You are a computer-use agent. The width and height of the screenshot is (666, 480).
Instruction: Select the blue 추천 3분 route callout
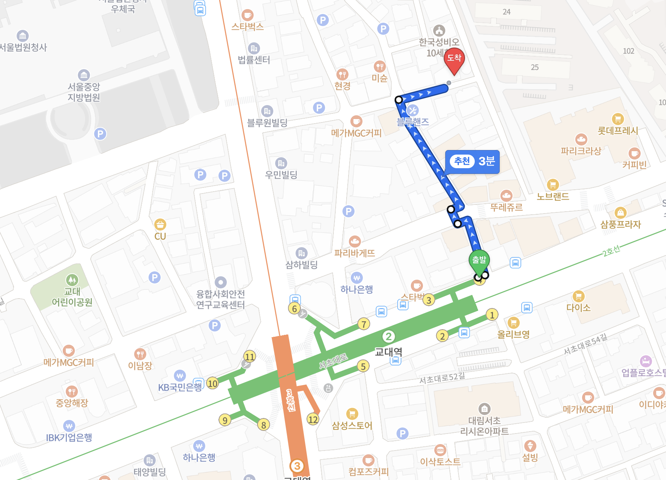click(472, 162)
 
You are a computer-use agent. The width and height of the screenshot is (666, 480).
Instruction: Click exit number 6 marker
click(294, 308)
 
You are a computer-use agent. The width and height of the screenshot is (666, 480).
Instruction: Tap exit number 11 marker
click(249, 356)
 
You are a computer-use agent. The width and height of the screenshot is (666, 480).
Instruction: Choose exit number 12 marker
click(313, 419)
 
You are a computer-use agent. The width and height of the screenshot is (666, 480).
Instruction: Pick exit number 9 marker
click(225, 420)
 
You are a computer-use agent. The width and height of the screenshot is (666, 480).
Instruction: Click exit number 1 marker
click(492, 314)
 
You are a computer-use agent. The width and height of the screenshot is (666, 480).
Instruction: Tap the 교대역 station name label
click(388, 352)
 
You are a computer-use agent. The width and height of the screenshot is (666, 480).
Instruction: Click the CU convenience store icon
click(160, 225)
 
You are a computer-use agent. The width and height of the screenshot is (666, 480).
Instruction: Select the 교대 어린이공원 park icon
click(72, 280)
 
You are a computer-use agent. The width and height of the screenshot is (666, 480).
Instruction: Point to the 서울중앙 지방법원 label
click(84, 92)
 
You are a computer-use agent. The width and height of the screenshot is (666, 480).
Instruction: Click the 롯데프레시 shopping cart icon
click(618, 119)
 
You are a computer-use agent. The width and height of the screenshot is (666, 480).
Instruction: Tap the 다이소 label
click(578, 308)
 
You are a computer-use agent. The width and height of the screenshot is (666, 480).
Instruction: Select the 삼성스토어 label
click(352, 426)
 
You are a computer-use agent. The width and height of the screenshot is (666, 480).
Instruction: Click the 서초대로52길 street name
click(442, 378)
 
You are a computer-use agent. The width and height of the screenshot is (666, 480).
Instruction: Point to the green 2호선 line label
click(611, 251)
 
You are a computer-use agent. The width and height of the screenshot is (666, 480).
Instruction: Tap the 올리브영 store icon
click(513, 323)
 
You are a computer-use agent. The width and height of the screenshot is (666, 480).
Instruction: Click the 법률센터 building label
click(254, 60)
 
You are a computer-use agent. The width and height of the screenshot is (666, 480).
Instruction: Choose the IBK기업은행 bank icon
click(69, 426)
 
